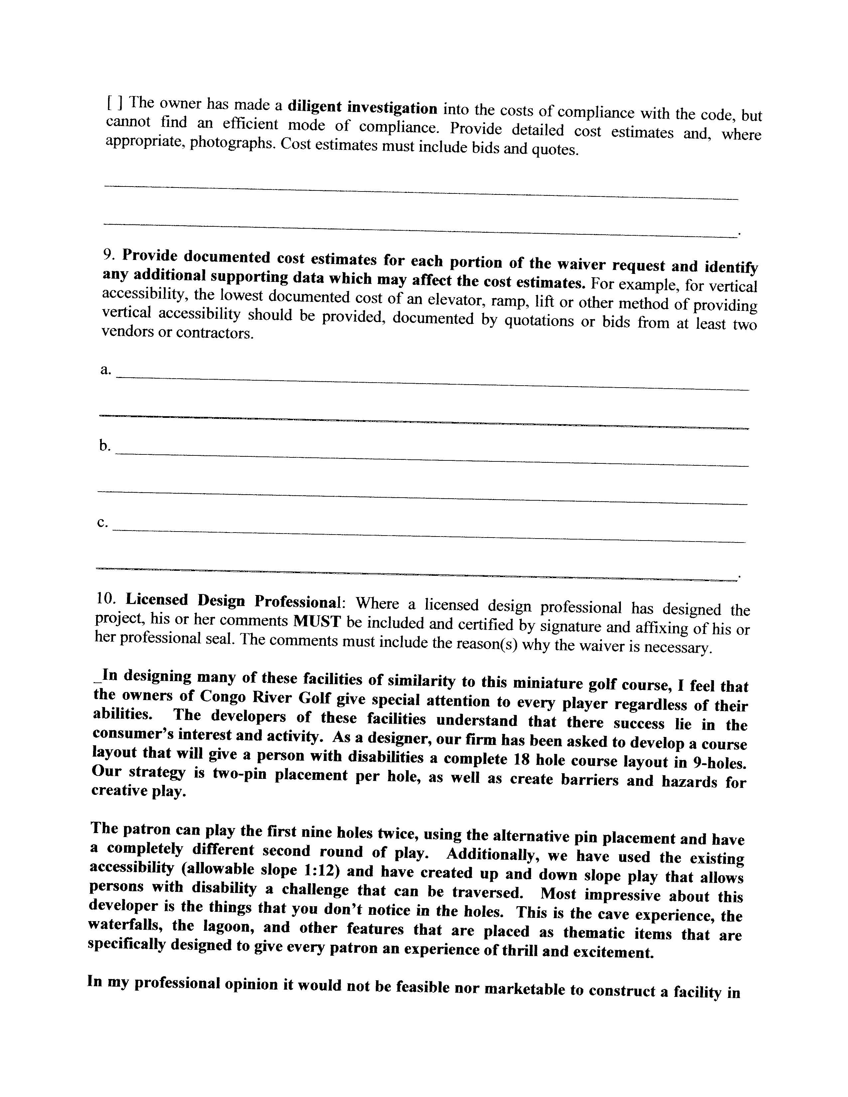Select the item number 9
[x=109, y=255]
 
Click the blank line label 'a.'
[x=105, y=370]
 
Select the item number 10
[x=106, y=599]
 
